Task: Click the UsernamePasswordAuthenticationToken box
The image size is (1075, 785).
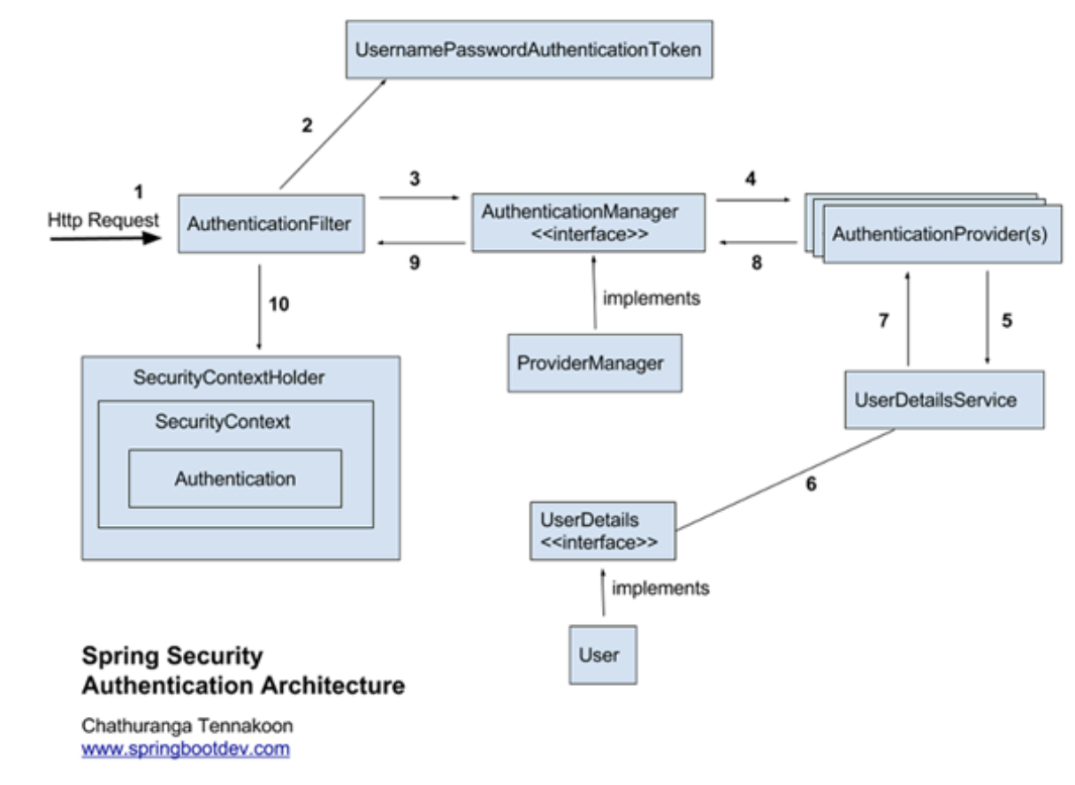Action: (529, 50)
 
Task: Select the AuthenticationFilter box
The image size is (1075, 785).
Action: (271, 224)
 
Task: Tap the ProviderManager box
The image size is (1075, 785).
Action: (595, 363)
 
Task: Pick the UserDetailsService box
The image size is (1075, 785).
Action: (944, 400)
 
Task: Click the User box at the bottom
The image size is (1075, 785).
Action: (603, 654)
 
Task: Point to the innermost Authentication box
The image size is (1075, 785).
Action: (235, 478)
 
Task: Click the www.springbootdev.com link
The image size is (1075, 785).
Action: (186, 749)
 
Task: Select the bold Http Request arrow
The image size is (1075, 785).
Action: (105, 238)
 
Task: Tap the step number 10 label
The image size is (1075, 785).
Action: (278, 304)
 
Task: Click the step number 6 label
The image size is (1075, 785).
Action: (811, 484)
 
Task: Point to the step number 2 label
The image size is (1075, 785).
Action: (307, 126)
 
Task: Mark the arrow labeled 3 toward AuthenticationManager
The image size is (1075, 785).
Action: (419, 197)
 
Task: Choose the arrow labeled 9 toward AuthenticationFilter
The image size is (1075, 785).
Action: (422, 243)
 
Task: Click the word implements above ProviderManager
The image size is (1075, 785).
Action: (652, 299)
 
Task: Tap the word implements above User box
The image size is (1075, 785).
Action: (660, 588)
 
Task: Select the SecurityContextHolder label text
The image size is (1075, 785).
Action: (228, 377)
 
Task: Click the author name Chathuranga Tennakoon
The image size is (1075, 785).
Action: (187, 726)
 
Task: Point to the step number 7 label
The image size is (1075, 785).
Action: (883, 321)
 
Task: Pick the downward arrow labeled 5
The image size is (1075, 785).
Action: (987, 317)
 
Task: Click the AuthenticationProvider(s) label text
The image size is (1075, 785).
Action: (940, 234)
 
